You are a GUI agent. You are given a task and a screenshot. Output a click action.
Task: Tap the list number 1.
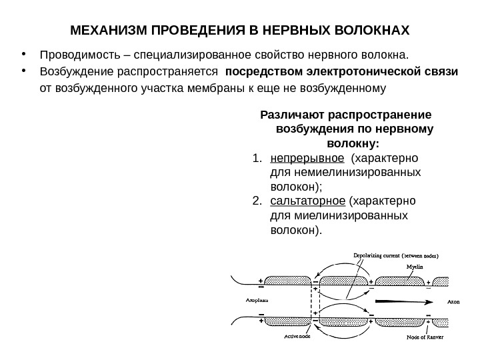[257, 158]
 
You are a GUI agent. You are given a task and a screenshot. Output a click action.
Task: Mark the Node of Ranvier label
[425, 337]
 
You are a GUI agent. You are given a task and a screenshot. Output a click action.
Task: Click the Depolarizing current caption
[400, 254]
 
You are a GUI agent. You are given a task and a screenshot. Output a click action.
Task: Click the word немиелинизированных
[345, 173]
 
